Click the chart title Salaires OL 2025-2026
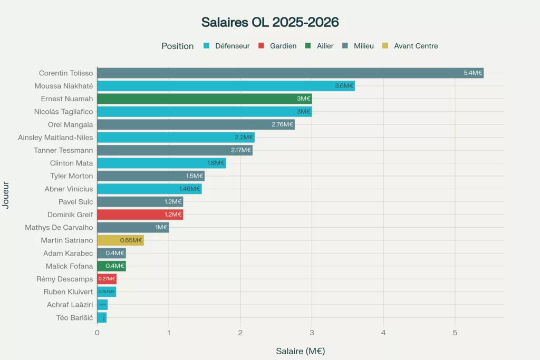[270, 22]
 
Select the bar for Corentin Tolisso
[290, 73]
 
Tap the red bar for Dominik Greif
[140, 215]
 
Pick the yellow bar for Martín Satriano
[120, 240]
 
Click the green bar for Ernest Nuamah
[204, 99]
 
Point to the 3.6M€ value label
[344, 86]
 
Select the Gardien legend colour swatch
[261, 46]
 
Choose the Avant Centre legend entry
[416, 46]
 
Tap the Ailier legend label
[325, 46]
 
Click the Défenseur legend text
[232, 46]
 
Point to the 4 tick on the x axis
[383, 333]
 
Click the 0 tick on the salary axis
[97, 333]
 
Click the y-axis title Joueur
[6, 196]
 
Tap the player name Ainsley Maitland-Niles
[55, 138]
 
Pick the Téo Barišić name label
[74, 318]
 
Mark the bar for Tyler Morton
[151, 176]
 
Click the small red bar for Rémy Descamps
[107, 279]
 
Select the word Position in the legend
[178, 46]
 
